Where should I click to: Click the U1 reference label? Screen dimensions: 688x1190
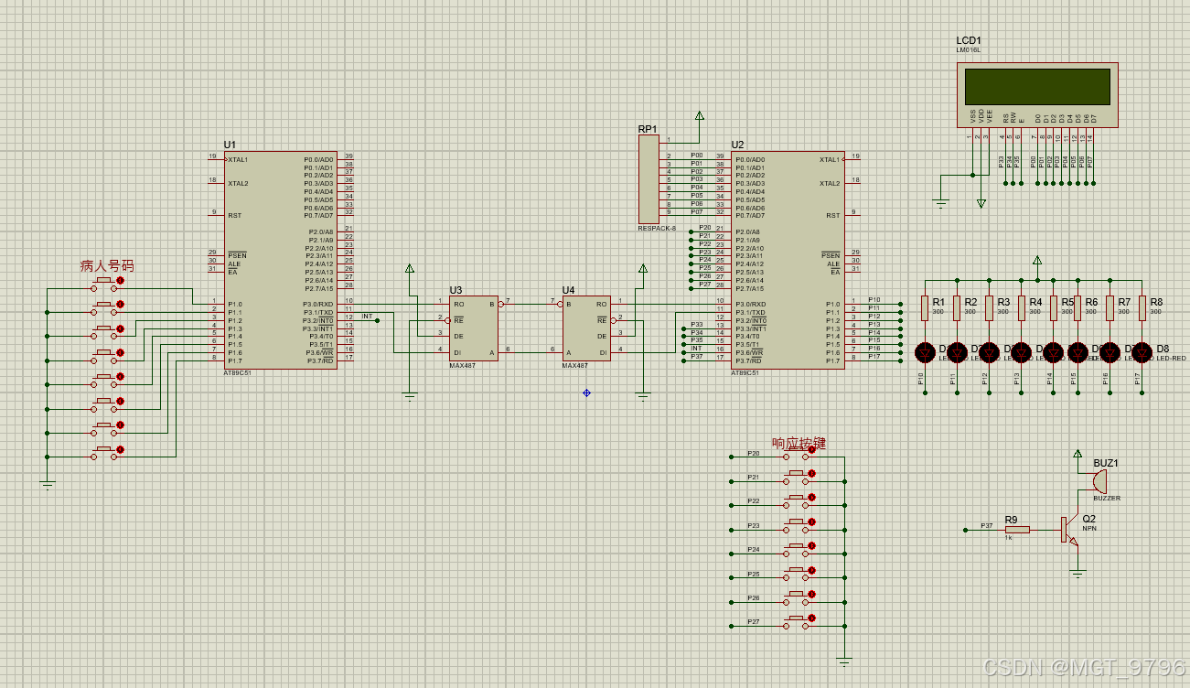click(x=230, y=145)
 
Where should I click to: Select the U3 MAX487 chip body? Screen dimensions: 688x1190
click(x=472, y=328)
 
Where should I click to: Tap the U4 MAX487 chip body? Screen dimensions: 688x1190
click(x=586, y=328)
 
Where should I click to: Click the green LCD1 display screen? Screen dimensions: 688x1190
click(x=1037, y=87)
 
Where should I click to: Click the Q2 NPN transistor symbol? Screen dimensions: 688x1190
click(x=1068, y=529)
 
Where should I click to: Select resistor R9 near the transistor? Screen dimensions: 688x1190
click(x=1016, y=529)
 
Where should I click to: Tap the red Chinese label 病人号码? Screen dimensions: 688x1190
click(x=106, y=265)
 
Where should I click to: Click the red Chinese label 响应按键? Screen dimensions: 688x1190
click(x=799, y=443)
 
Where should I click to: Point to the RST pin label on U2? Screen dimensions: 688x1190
click(x=832, y=216)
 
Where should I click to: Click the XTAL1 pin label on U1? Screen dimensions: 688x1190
click(x=238, y=159)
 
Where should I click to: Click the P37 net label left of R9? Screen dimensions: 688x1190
click(x=986, y=525)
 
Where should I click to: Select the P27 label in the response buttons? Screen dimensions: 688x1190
click(x=753, y=621)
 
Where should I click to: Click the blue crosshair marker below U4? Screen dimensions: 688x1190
click(x=586, y=392)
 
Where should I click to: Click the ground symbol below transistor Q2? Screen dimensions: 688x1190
click(x=1078, y=574)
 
